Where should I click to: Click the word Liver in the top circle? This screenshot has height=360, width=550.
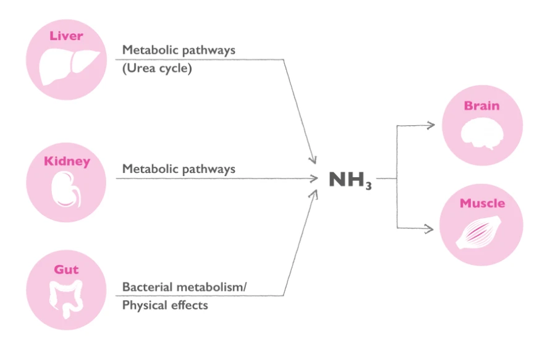66,36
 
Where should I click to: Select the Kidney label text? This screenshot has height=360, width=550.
67,162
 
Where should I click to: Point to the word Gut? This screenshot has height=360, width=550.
66,270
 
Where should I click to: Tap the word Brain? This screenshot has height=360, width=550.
481,106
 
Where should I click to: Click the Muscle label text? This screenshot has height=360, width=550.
482,203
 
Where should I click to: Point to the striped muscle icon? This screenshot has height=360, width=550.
481,234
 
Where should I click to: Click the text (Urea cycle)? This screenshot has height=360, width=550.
157,69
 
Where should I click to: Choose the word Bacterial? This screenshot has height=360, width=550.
146,287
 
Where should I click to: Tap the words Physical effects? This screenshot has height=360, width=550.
165,305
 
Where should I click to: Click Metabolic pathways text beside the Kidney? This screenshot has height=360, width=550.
179,169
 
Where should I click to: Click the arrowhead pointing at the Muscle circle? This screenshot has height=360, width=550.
431,229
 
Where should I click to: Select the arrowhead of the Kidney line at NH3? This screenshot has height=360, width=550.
315,178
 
